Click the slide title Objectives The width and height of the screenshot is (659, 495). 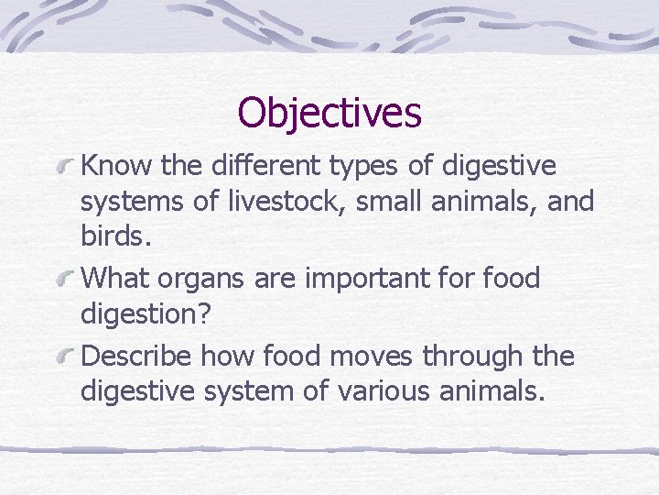[329, 113]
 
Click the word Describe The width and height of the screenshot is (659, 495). [137, 356]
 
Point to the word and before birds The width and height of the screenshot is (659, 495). [571, 200]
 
